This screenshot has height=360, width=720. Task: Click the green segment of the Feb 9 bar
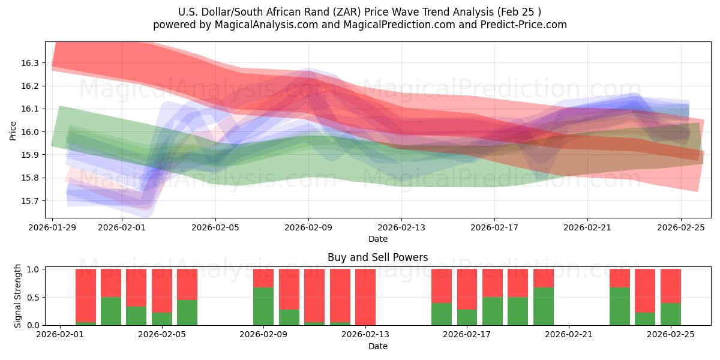click(263, 306)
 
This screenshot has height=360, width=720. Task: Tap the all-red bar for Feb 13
click(365, 297)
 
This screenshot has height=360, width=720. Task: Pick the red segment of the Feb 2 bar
click(86, 295)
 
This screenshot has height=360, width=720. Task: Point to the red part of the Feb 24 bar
click(645, 290)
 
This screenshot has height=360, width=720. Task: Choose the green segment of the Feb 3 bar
click(111, 311)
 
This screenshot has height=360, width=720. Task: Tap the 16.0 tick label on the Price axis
click(30, 132)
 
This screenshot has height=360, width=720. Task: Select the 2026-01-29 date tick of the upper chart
click(53, 227)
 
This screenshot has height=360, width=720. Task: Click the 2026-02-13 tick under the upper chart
click(401, 227)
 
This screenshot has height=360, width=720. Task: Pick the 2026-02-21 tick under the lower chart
click(568, 335)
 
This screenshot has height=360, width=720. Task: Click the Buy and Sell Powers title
click(377, 257)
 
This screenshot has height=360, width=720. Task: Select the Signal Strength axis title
click(18, 295)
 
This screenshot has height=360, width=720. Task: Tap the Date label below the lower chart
click(377, 346)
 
